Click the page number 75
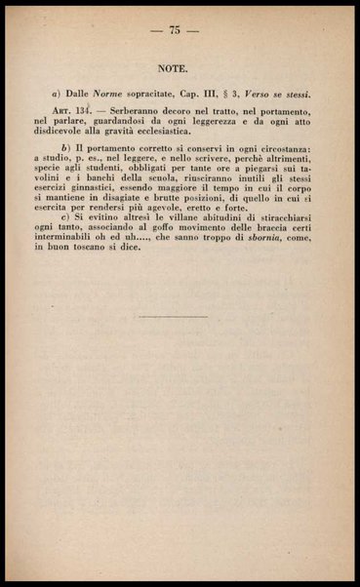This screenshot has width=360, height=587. click(x=177, y=31)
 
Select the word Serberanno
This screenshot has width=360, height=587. click(x=143, y=114)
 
